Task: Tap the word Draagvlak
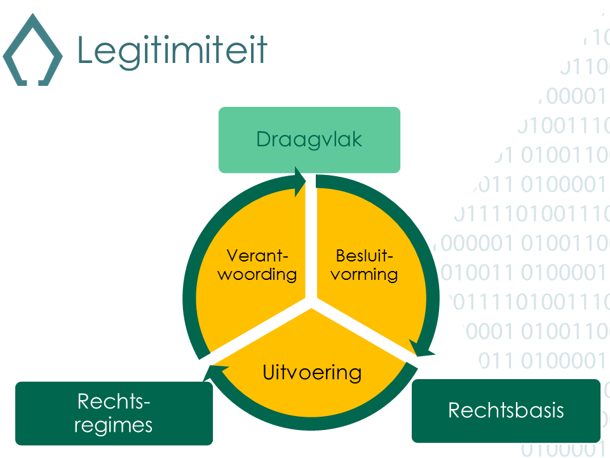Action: (309, 139)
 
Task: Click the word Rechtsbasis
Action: (506, 410)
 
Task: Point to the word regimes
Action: (114, 424)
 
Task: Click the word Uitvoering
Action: (312, 372)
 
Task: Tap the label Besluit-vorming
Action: (365, 265)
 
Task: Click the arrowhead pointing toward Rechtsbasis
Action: (421, 349)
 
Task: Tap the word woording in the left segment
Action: (257, 275)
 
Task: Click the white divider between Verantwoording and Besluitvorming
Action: (311, 242)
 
